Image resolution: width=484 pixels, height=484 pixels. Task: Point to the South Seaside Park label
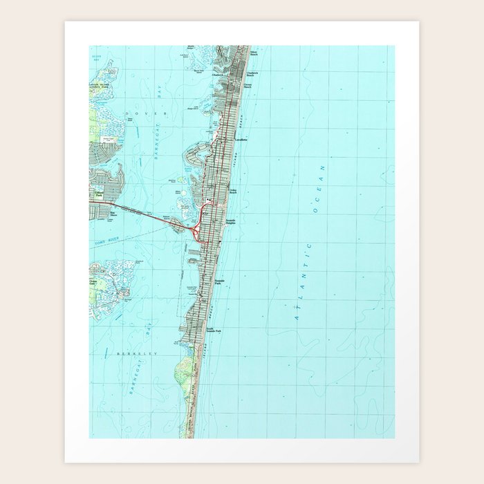tap(213, 331)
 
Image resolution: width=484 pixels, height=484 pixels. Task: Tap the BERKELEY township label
tap(138, 353)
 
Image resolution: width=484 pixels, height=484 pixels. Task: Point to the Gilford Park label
tap(97, 196)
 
